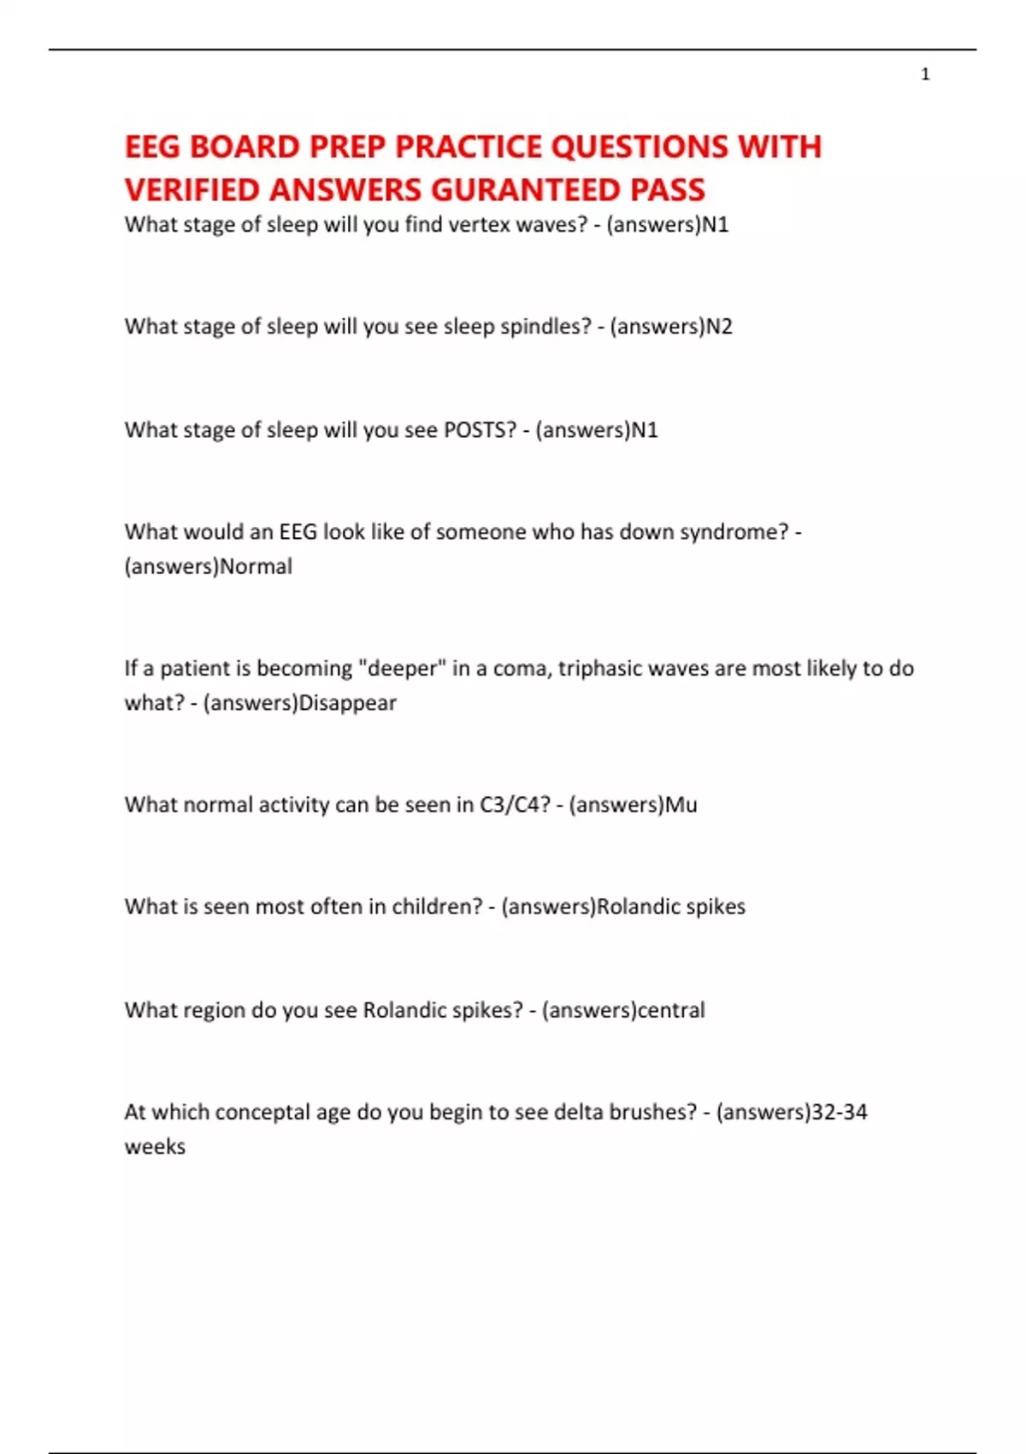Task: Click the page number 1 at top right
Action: coord(925,74)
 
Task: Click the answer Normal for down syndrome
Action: coord(256,566)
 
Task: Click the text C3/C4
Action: coord(515,805)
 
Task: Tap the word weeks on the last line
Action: coord(155,1147)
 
